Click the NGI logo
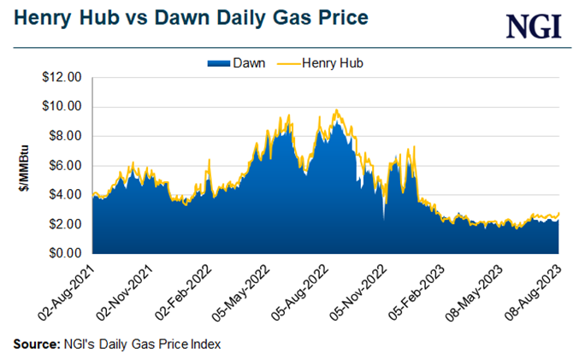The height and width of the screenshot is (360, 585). [x=534, y=26]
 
